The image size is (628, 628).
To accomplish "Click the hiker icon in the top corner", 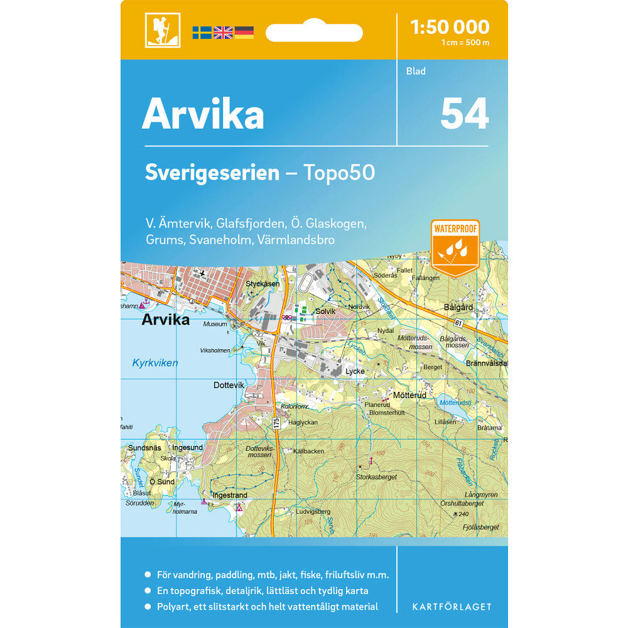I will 163,30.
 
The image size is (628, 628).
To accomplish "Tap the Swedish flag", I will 202,32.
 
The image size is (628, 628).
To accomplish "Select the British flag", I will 223,32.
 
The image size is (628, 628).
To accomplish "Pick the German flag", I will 244,32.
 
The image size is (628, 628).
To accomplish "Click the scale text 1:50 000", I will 449,27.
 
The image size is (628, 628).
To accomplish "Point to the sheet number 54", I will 464,114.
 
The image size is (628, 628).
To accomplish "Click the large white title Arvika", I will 203,114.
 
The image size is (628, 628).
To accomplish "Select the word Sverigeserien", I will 212,173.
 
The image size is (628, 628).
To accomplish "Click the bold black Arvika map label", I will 165,320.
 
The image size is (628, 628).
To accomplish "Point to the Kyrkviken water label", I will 155,363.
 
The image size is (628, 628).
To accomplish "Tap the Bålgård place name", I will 458,308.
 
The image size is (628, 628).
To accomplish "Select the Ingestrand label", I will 230,495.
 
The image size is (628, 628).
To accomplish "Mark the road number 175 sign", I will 276,424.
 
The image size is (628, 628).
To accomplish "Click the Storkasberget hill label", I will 377,477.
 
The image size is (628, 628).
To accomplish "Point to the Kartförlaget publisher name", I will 452,607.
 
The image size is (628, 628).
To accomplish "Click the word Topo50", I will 339,173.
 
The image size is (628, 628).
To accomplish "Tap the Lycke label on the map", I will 355,371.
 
